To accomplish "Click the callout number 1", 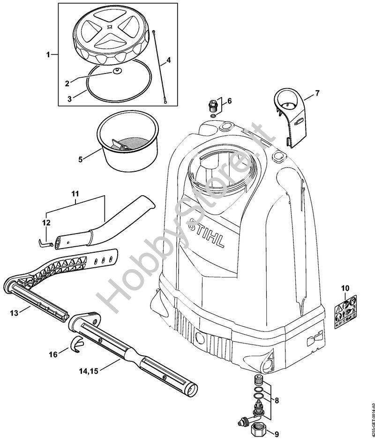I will [48, 55].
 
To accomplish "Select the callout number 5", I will [81, 160].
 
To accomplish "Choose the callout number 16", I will [54, 354].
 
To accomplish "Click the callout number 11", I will [75, 193].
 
